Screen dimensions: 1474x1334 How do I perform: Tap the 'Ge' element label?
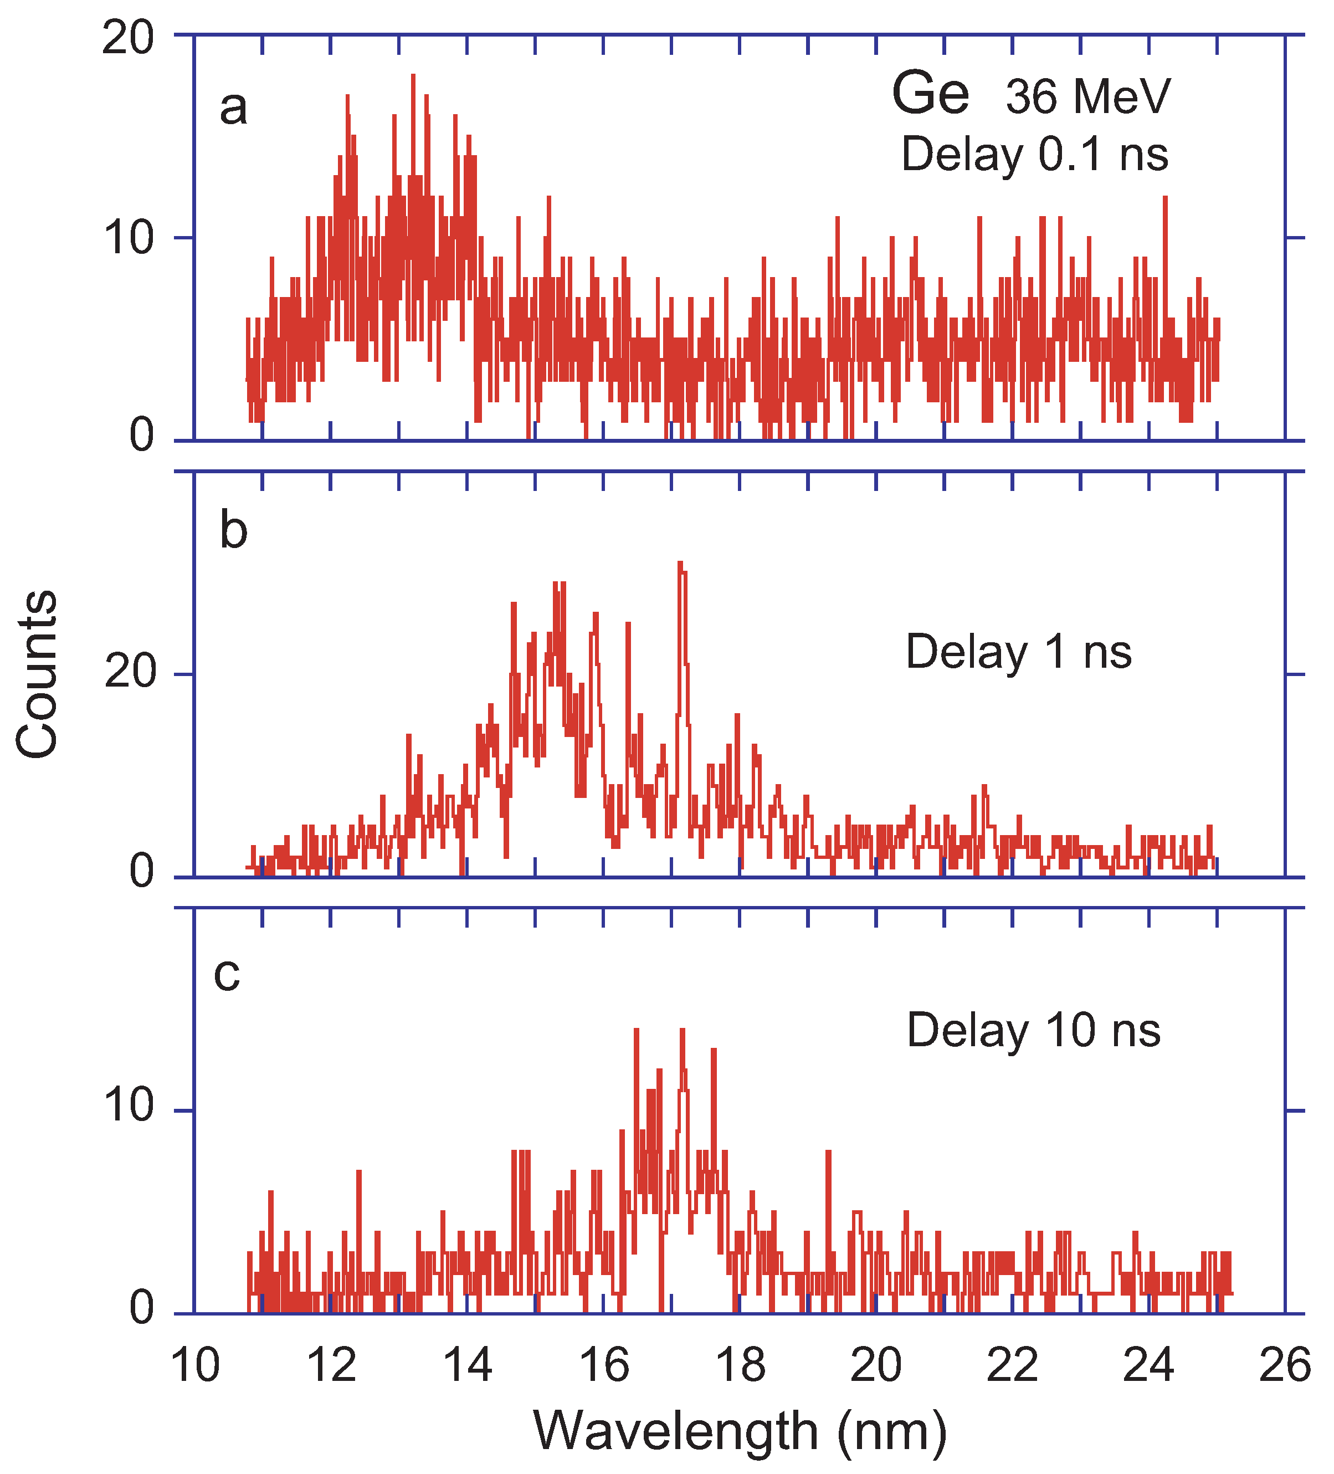tap(931, 94)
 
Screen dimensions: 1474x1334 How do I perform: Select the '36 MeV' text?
tap(1087, 96)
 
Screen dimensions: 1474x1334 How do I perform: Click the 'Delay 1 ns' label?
tap(1018, 652)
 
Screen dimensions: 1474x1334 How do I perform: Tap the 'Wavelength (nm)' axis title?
tap(740, 1431)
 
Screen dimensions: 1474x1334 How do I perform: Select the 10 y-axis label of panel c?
tap(129, 1103)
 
